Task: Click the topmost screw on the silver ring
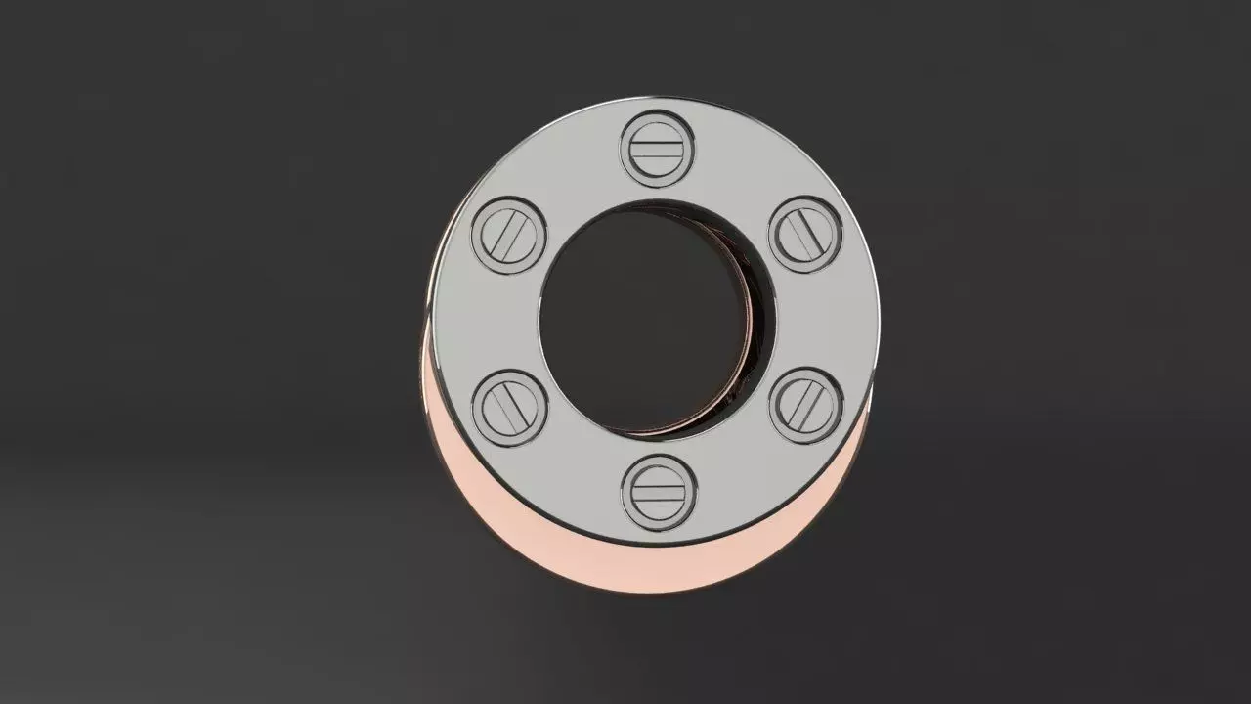[x=657, y=149]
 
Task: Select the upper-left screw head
[x=509, y=235]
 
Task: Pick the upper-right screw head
[x=805, y=235]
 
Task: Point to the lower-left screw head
[x=509, y=406]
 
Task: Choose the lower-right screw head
[x=805, y=406]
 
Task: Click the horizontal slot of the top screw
[x=657, y=149]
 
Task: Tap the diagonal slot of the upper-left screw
[x=509, y=235]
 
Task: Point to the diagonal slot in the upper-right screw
[x=805, y=235]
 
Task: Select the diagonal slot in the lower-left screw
[x=509, y=406]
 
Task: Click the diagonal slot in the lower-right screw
[x=805, y=406]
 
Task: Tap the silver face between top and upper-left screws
[x=572, y=176]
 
